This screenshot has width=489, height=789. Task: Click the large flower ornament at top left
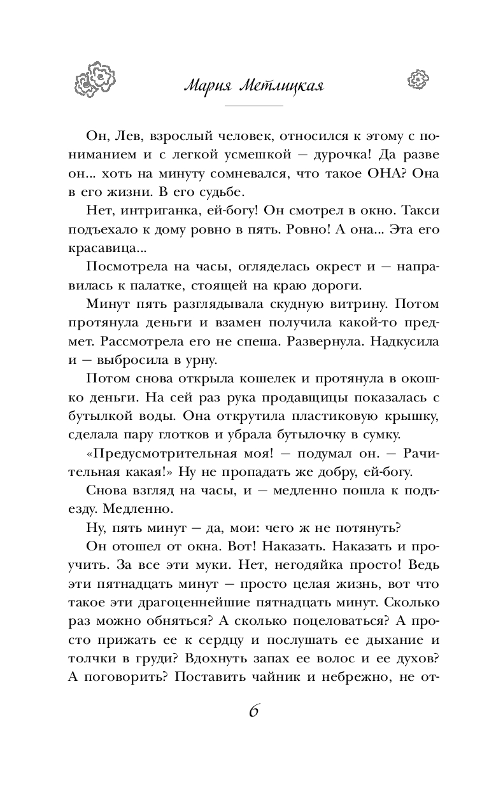coord(96,78)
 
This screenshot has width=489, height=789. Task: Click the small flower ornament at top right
coord(416,79)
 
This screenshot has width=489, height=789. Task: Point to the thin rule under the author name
coord(254,105)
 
